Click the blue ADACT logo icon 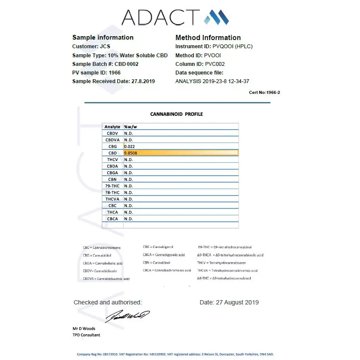tap(216, 17)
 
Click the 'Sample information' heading tap(103, 37)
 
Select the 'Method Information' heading tap(208, 37)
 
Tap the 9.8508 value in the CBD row tap(130, 153)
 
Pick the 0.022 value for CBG tap(130, 146)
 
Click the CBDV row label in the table tap(112, 133)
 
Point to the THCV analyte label tap(112, 160)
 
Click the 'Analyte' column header tap(112, 127)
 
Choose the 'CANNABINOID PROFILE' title tap(177, 114)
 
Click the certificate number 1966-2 tap(264, 92)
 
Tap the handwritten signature tap(127, 316)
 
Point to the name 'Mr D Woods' tap(84, 329)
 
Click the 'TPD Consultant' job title tap(86, 335)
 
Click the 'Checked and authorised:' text tap(107, 302)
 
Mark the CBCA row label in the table tap(112, 219)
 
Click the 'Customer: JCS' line tap(91, 47)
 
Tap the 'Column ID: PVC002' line tap(200, 64)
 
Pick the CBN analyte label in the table tap(112, 179)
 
